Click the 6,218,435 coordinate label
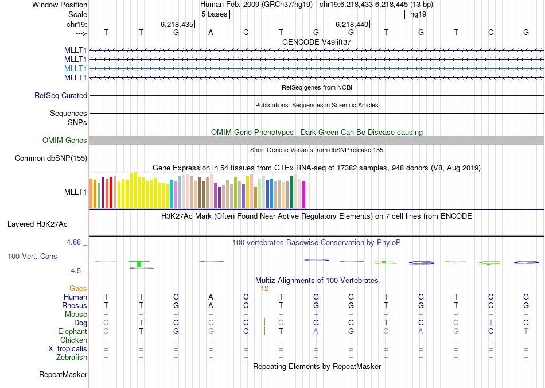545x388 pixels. click(177, 24)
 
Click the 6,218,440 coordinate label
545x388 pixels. click(352, 24)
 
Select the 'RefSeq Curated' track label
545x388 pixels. click(61, 96)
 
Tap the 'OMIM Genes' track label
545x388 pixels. click(65, 141)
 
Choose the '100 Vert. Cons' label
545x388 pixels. click(32, 256)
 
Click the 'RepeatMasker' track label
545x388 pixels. click(63, 375)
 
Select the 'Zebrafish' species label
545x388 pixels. click(72, 358)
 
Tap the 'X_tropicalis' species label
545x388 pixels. click(68, 349)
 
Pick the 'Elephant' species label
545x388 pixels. click(72, 332)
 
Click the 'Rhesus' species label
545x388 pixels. click(75, 306)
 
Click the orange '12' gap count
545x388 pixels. click(264, 289)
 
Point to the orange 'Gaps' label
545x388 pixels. click(78, 289)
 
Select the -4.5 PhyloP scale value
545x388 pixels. click(76, 271)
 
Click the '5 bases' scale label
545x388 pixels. click(214, 14)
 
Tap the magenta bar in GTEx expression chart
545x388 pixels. click(304, 195)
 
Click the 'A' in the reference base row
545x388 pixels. click(211, 32)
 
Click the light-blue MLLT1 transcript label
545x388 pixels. click(76, 68)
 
